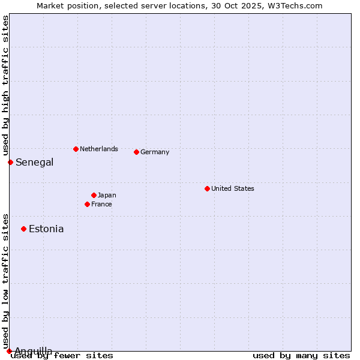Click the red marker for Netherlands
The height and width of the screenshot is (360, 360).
click(76, 149)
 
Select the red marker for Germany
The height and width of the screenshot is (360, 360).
click(136, 152)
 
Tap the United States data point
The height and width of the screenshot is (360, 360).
click(207, 188)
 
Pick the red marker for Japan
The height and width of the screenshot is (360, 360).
click(94, 195)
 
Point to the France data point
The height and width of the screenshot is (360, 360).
click(87, 204)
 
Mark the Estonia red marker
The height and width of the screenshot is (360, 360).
click(23, 229)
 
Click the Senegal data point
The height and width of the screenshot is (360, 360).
click(10, 162)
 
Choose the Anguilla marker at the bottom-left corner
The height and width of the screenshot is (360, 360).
click(9, 351)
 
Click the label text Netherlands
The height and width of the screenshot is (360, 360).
click(99, 149)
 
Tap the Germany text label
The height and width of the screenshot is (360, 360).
click(155, 152)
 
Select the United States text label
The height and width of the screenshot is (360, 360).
click(233, 188)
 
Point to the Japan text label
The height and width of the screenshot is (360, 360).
click(107, 195)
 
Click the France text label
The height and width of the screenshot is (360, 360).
click(101, 204)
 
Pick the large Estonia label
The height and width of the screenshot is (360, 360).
click(46, 229)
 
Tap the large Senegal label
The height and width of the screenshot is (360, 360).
click(35, 162)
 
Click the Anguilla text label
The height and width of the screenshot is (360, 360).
click(34, 351)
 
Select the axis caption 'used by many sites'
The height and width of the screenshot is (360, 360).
click(301, 356)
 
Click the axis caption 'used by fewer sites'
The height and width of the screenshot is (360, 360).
click(62, 356)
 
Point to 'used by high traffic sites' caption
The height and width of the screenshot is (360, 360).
click(5, 86)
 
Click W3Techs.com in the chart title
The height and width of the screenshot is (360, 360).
click(294, 5)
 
